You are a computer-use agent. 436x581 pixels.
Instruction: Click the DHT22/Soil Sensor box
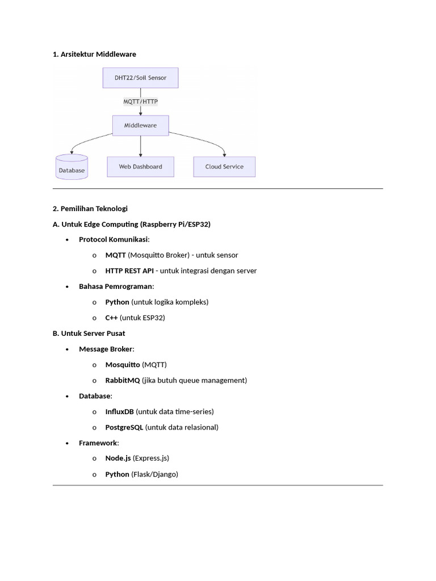(x=140, y=78)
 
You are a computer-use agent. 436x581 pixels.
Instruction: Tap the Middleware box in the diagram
(x=140, y=125)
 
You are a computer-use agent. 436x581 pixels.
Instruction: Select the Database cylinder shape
(x=72, y=167)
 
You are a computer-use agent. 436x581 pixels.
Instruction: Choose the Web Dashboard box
(x=140, y=167)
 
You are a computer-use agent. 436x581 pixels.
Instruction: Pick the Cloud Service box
(x=224, y=167)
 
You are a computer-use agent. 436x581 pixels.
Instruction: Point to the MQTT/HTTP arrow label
(x=140, y=102)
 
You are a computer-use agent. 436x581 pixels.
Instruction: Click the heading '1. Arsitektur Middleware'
(x=94, y=54)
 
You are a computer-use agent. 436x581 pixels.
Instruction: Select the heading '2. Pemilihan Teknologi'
(x=90, y=209)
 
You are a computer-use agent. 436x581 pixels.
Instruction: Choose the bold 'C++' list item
(x=111, y=318)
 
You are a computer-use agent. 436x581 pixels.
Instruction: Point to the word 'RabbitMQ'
(x=123, y=380)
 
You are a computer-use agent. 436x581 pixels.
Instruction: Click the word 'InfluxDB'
(x=120, y=411)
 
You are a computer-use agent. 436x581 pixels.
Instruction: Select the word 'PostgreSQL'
(x=124, y=427)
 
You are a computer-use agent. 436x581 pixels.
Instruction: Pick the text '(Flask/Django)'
(x=154, y=474)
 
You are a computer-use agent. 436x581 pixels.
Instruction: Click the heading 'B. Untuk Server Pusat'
(x=89, y=333)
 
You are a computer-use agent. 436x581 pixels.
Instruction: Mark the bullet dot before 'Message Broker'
(x=67, y=349)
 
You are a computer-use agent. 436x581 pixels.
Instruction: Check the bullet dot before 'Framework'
(x=67, y=443)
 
